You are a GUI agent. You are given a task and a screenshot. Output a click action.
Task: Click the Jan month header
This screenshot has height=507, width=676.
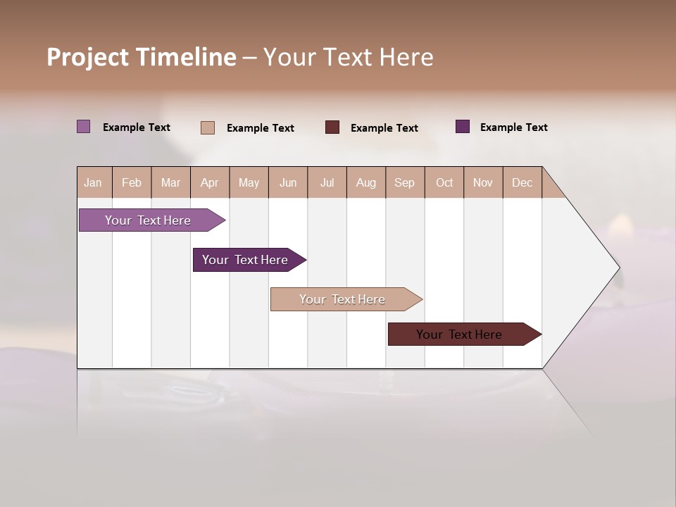[94, 182]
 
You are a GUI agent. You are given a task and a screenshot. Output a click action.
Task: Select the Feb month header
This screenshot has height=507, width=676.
[132, 182]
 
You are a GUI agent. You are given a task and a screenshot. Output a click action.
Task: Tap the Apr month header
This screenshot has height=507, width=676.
[210, 182]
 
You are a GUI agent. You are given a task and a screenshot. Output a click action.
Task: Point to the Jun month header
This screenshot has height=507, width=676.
[288, 182]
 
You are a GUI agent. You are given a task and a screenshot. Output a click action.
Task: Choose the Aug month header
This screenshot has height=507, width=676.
[366, 182]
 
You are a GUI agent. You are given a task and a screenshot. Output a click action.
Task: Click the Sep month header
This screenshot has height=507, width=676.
[405, 182]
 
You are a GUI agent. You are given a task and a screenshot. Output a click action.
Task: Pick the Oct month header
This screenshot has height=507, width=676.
[444, 182]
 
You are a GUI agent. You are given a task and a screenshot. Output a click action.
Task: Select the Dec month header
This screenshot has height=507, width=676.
[522, 182]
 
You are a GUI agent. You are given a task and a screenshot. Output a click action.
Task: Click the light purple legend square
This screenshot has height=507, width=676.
[84, 127]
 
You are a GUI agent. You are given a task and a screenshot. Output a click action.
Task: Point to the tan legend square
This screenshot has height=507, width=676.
[208, 127]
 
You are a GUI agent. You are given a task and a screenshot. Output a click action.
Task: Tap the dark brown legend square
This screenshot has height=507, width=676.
[332, 127]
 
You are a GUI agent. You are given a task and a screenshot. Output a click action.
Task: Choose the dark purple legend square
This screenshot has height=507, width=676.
[463, 127]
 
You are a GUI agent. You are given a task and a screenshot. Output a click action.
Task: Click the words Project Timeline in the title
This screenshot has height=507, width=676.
[142, 57]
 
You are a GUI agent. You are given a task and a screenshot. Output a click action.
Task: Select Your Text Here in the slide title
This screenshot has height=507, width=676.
[349, 57]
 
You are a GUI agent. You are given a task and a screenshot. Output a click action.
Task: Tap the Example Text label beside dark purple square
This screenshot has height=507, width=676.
[514, 127]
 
